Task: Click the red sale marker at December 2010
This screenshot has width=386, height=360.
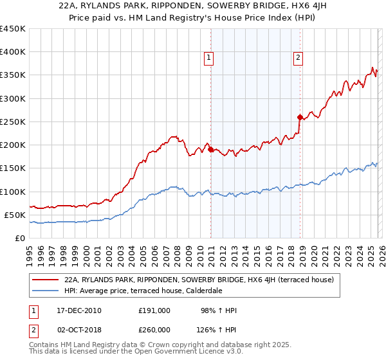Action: pyautogui.click(x=210, y=150)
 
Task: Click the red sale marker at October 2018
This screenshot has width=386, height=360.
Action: pyautogui.click(x=300, y=117)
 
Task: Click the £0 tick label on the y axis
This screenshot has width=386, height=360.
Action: pyautogui.click(x=21, y=238)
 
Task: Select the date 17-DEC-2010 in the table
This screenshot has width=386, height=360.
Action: pyautogui.click(x=75, y=310)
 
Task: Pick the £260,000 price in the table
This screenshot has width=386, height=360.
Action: pyautogui.click(x=154, y=329)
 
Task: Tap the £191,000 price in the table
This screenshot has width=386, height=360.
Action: pyautogui.click(x=154, y=310)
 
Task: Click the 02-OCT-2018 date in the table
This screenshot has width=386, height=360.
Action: pyautogui.click(x=75, y=329)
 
